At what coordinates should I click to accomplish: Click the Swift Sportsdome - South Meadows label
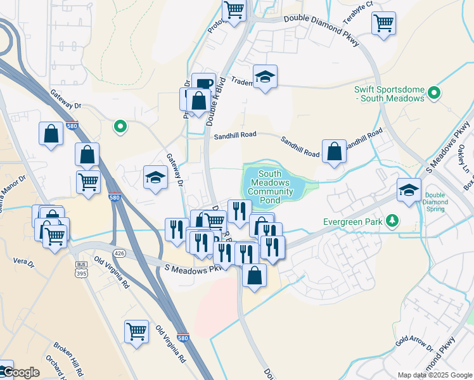tap(389, 93)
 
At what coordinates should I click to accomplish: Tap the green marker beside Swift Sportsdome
tap(434, 94)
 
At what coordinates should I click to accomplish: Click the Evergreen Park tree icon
tap(394, 220)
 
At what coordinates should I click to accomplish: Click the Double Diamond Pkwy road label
tap(322, 28)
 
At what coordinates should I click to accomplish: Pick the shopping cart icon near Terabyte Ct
tap(384, 23)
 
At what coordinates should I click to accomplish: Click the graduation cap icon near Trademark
tap(265, 77)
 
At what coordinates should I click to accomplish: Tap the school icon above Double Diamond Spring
tap(409, 189)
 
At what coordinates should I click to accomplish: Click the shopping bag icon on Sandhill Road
tap(334, 151)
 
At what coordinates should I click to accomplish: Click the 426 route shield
tap(121, 253)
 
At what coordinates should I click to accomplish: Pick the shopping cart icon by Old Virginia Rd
tap(137, 331)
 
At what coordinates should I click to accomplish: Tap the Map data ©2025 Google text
tap(434, 374)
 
